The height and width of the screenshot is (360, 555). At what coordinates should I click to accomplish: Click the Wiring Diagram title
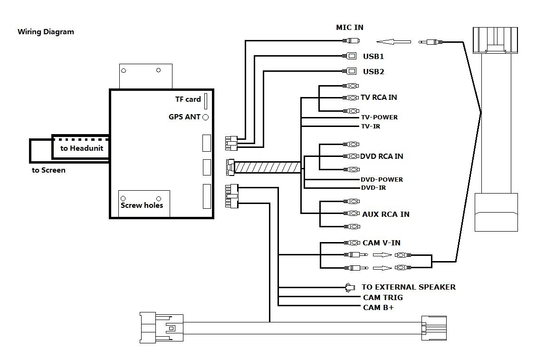point(46,32)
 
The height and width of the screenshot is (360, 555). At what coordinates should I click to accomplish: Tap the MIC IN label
point(350,28)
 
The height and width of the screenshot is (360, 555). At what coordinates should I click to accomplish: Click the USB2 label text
point(373,72)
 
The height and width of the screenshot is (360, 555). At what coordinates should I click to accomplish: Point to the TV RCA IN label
point(379,97)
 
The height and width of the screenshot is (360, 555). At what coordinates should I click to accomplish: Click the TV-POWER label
point(379,117)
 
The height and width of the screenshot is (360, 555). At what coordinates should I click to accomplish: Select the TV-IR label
point(371,126)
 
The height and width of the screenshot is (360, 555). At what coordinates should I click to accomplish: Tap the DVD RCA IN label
point(382,156)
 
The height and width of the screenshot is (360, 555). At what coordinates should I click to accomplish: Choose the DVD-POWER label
point(382,179)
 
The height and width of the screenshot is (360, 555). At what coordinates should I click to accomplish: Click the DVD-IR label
point(373,188)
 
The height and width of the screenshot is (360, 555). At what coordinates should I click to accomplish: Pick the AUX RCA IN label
point(385,214)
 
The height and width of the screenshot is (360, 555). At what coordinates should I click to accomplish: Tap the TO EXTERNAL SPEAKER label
point(408,287)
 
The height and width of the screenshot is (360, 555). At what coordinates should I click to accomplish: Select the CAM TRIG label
point(383,298)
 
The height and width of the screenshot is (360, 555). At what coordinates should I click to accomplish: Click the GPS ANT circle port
point(206,117)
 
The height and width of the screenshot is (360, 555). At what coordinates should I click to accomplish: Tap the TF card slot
point(206,101)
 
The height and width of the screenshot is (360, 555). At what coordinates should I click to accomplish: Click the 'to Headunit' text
point(81,148)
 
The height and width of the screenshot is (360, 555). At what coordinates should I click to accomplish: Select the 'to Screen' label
point(48,170)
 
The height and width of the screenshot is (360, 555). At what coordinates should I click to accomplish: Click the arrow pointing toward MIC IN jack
point(393,42)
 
